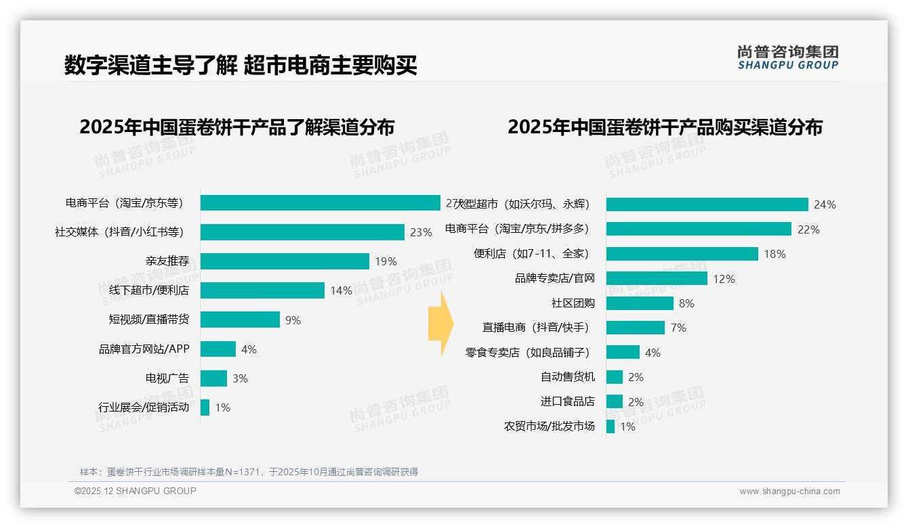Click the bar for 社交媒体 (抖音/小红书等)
pyautogui.click(x=302, y=232)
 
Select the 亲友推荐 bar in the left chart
pyautogui.click(x=285, y=261)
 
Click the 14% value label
pyautogui.click(x=341, y=290)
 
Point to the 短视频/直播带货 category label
pyautogui.click(x=149, y=320)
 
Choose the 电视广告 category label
pyautogui.click(x=167, y=378)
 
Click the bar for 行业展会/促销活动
pyautogui.click(x=205, y=408)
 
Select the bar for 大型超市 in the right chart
pyautogui.click(x=707, y=204)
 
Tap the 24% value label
pyautogui.click(x=825, y=204)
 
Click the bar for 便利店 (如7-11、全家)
pyautogui.click(x=682, y=254)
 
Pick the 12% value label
pyautogui.click(x=724, y=279)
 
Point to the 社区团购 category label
pyautogui.click(x=573, y=303)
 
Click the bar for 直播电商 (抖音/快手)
pyautogui.click(x=635, y=328)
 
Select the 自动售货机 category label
pyautogui.click(x=567, y=377)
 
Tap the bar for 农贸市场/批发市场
pyautogui.click(x=610, y=426)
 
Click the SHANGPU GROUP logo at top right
pyautogui.click(x=787, y=58)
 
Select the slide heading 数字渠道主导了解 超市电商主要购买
pyautogui.click(x=241, y=65)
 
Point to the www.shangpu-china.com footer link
pyautogui.click(x=789, y=491)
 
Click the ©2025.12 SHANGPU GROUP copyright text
pyautogui.click(x=136, y=491)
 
